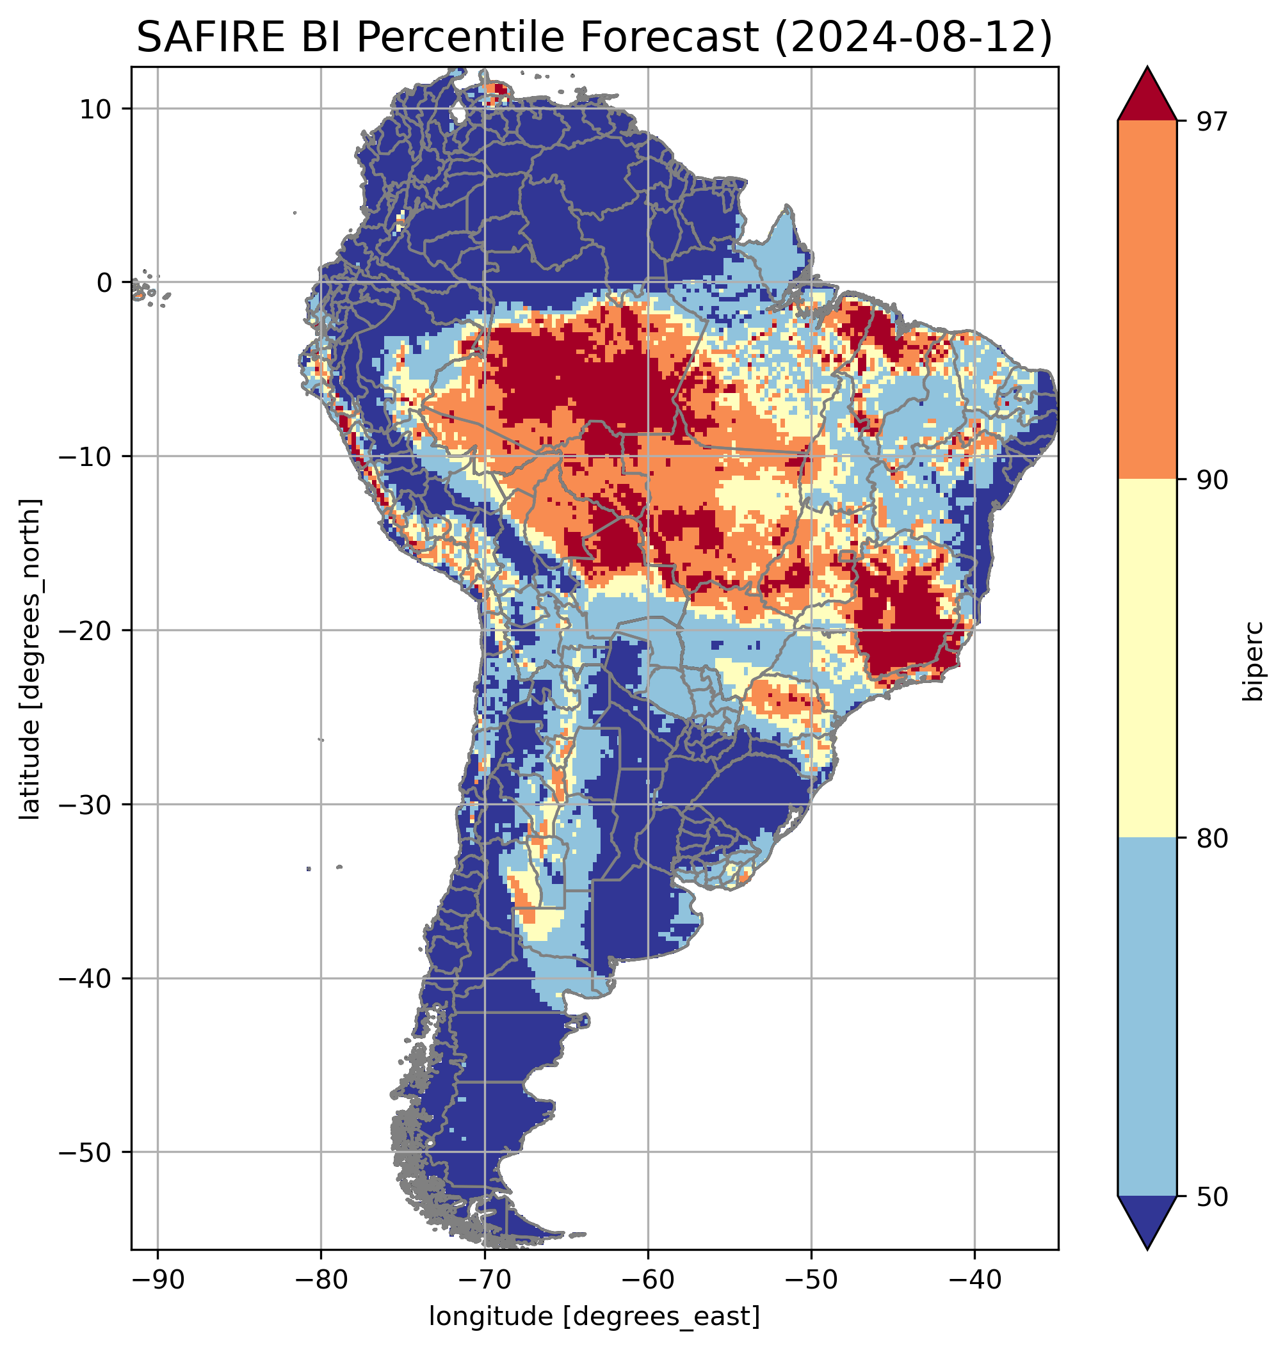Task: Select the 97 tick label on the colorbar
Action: tap(1213, 121)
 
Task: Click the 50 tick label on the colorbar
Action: tap(1213, 1197)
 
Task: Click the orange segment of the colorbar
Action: tap(1147, 300)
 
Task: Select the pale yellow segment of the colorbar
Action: tap(1147, 659)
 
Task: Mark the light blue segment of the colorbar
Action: tap(1147, 1017)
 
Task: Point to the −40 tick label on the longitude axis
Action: tap(974, 1280)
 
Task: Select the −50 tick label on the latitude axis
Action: tap(85, 1153)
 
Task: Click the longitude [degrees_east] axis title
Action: tap(595, 1315)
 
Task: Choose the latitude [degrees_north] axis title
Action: tap(30, 659)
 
